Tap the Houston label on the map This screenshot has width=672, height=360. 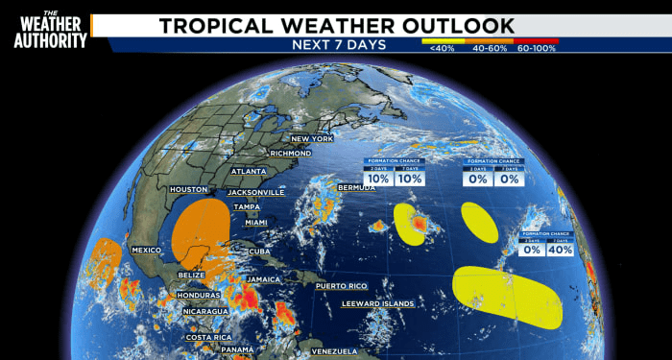[x=188, y=189]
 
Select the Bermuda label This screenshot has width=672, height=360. [x=356, y=187]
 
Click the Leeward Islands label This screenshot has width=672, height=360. [x=378, y=304]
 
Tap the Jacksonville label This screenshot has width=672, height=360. [x=256, y=192]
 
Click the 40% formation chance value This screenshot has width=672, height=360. [x=561, y=250]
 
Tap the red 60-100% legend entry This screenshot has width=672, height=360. [x=538, y=47]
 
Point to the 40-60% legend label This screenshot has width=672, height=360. [x=490, y=47]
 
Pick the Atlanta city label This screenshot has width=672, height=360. [x=249, y=172]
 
